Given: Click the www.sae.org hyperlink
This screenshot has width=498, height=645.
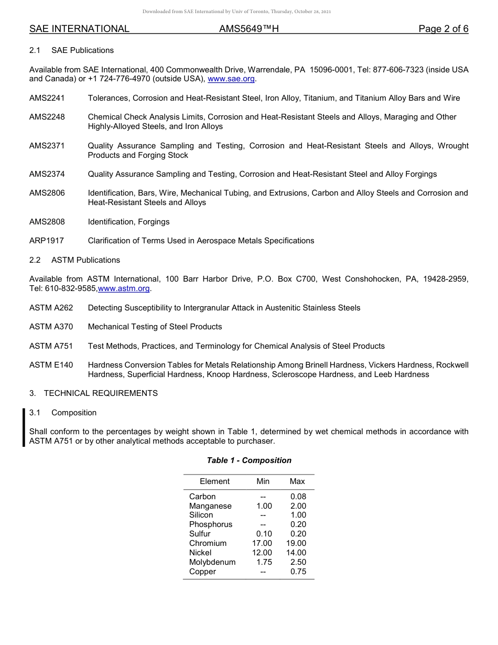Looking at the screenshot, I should pos(231,79).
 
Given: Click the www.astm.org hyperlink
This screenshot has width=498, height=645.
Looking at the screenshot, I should pos(124,289).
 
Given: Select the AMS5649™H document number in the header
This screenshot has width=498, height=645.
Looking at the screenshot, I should pos(249,29).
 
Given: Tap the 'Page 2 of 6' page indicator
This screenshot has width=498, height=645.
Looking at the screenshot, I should pos(443,29).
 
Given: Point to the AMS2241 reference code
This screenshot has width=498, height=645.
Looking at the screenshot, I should pos(47,98).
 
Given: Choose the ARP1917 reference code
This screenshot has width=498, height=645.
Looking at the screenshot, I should pos(47,241).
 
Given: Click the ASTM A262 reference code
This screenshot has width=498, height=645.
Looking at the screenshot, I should pos(51,308).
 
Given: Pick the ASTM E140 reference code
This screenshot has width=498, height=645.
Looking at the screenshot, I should pos(51,365).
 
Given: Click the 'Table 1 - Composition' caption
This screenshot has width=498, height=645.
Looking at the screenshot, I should pos(249,460).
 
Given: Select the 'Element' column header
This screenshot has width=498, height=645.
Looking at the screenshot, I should pos(214,481).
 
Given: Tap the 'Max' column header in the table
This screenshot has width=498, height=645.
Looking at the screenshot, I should pos(297,481).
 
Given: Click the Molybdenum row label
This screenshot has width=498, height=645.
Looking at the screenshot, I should pos(212,562).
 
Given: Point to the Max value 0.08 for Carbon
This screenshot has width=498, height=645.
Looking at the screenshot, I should pos(298,497).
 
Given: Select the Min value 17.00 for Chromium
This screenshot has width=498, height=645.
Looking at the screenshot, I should pos(262,543).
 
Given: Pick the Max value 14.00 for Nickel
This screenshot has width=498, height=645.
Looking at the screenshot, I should pos(296,553).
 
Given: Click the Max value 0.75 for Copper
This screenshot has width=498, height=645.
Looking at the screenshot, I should pos(298,572).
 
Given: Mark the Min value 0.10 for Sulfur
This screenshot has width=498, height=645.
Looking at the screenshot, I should pos(264,534).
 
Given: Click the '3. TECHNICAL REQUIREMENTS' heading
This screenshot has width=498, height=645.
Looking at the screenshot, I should pos(93,393).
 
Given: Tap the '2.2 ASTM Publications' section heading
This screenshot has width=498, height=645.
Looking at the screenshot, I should pos(74,260).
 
